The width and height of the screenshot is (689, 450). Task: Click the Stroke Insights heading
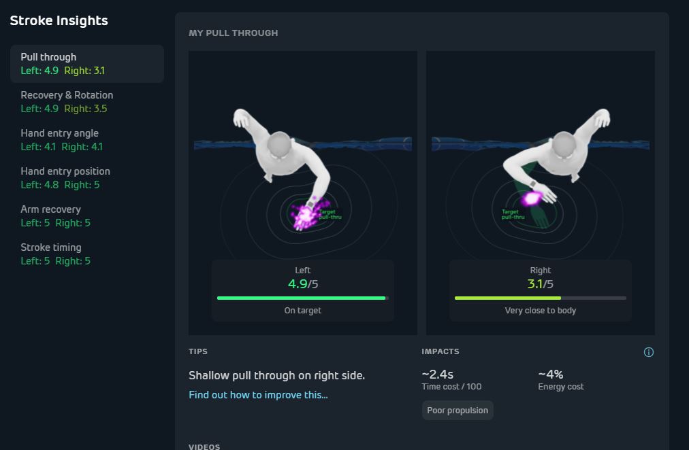(59, 20)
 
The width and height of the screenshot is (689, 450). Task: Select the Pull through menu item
(87, 64)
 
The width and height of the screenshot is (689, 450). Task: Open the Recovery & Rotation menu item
(67, 102)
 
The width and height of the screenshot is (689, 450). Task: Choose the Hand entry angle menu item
(61, 140)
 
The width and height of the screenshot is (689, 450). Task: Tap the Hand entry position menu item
(65, 177)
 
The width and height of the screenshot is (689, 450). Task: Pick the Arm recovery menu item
(55, 215)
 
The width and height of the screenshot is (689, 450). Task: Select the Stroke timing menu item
(55, 254)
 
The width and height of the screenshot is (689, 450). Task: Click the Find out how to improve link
(258, 395)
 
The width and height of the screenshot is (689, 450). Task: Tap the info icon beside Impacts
(649, 352)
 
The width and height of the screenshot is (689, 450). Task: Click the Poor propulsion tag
(458, 410)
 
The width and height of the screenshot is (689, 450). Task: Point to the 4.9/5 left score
(303, 283)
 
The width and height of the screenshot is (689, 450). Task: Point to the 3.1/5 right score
(540, 283)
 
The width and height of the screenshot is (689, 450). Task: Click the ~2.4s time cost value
(437, 374)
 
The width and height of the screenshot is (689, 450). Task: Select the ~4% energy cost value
(551, 374)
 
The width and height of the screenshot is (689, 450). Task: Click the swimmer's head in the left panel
(279, 144)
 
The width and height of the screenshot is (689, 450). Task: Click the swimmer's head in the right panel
(564, 144)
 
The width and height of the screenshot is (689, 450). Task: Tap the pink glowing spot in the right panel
(532, 198)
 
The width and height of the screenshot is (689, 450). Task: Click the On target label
(303, 311)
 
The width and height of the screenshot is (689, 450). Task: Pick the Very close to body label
(540, 311)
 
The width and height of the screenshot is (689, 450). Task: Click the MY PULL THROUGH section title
(234, 33)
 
